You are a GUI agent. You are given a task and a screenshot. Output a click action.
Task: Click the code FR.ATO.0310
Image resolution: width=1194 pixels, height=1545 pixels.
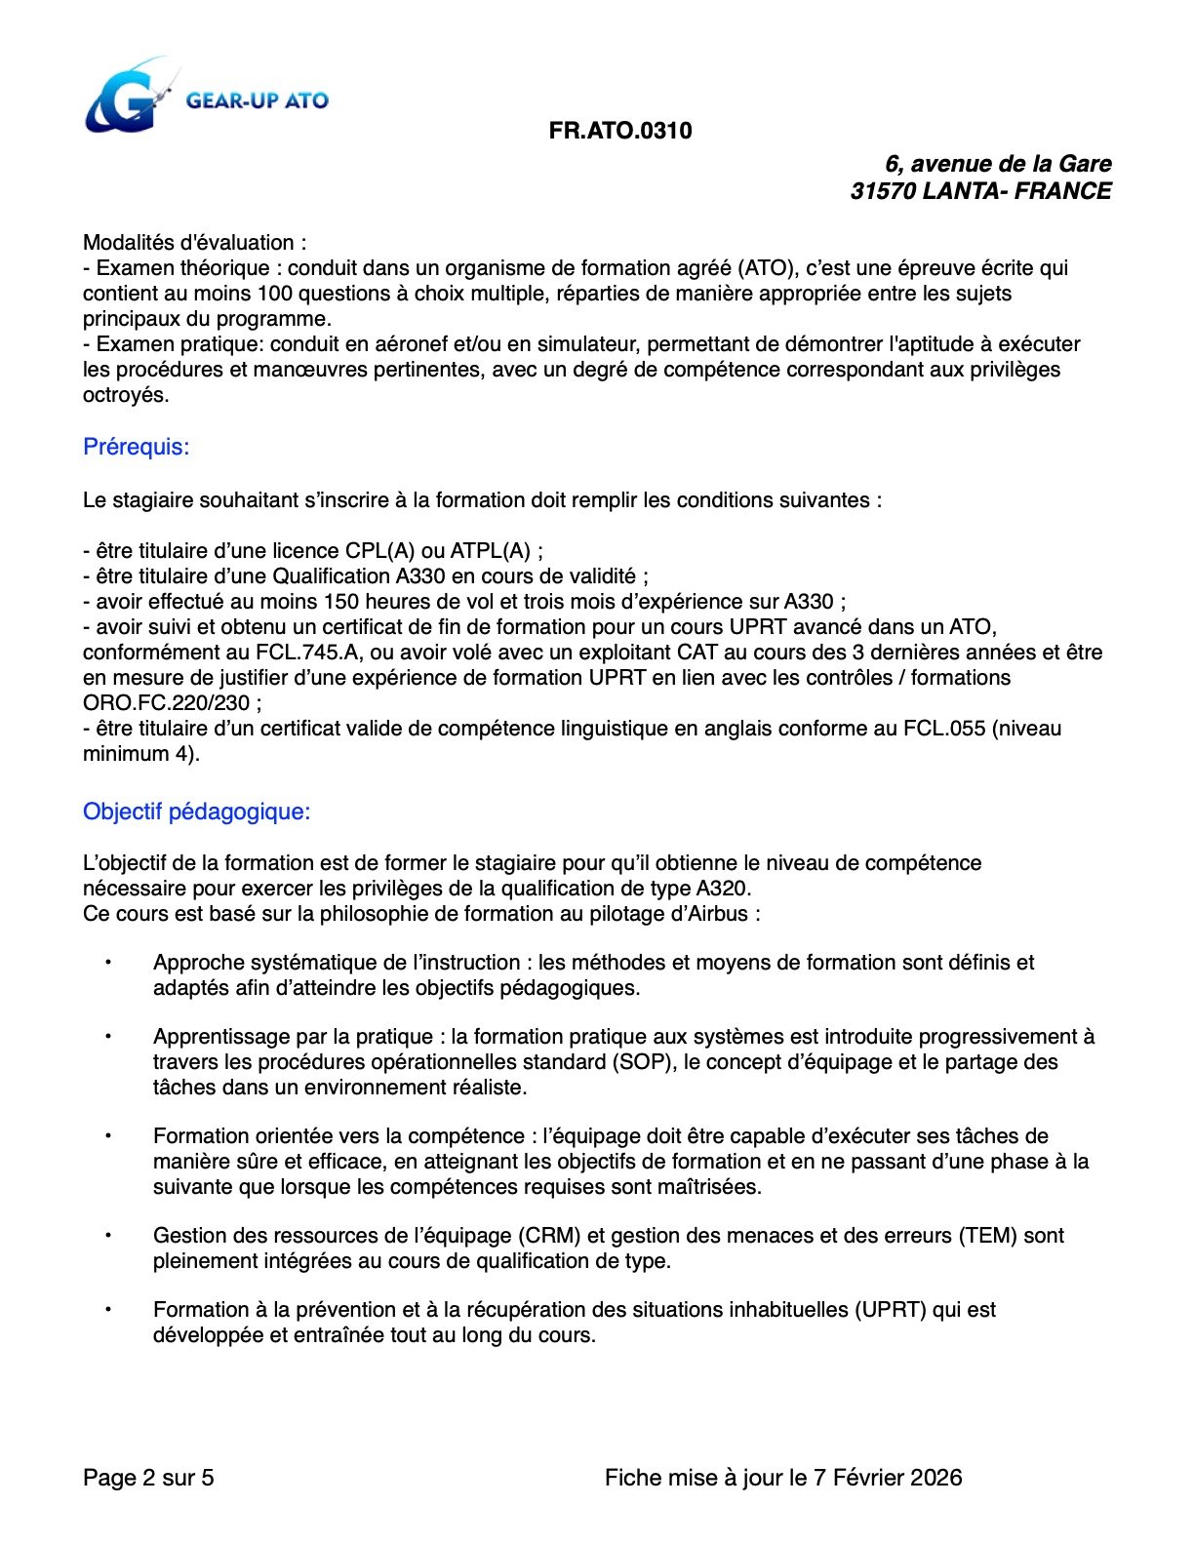pos(620,131)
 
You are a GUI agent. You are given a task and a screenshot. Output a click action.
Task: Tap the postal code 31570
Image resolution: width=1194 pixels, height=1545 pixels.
pos(882,191)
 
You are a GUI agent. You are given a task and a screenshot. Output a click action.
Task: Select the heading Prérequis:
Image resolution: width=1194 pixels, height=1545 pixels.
pos(137,447)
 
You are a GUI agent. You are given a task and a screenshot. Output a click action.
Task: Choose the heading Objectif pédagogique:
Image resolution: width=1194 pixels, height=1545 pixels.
pos(196,812)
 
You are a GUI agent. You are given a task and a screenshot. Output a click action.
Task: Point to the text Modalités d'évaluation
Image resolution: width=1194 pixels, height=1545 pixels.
pos(189,243)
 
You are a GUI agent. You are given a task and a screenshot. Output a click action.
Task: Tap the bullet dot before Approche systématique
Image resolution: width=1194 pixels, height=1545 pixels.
pos(108,963)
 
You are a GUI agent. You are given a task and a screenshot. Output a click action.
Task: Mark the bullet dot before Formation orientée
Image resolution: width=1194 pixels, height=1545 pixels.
pos(108,1136)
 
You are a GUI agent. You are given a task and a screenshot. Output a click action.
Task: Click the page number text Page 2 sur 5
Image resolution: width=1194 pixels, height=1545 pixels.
pos(148,1478)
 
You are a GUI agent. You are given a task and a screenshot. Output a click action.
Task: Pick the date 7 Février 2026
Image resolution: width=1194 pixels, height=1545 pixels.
pos(888,1478)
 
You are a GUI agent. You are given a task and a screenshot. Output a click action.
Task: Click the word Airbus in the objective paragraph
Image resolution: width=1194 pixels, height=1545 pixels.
pos(715,914)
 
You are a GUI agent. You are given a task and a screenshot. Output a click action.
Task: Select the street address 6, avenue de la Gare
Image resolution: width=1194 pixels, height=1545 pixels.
pos(998,164)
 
